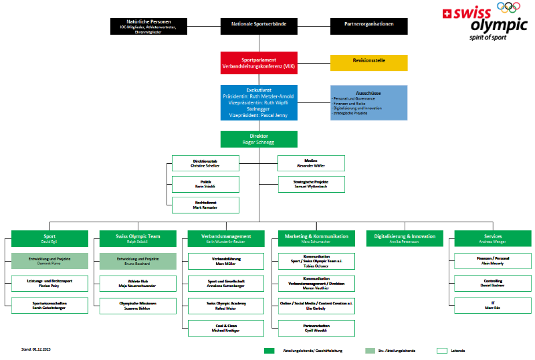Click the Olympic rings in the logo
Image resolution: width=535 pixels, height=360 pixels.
pos(508,8)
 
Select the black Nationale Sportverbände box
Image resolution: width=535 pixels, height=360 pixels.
pos(259,26)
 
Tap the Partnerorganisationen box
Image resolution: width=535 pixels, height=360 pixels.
pos(368,26)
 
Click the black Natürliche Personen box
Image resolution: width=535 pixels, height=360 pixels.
pos(148,26)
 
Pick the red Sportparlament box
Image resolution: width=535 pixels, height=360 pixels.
pos(259,64)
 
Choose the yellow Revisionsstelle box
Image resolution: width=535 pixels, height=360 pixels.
pos(368,63)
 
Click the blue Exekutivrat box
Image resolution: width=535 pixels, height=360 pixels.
pos(259,102)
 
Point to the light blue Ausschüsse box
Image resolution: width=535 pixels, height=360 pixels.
pos(368,102)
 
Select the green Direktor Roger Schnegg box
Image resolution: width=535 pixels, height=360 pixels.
pos(259,139)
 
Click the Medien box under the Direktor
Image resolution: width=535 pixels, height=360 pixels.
pos(312,163)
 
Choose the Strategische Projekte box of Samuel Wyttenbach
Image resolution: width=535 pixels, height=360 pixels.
pos(312,184)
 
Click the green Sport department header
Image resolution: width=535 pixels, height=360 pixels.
pos(50,238)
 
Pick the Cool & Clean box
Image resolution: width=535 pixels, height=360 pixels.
pos(224,328)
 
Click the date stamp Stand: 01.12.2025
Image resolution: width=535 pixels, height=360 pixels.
pos(37,349)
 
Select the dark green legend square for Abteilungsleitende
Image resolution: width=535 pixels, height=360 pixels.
pos(270,350)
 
